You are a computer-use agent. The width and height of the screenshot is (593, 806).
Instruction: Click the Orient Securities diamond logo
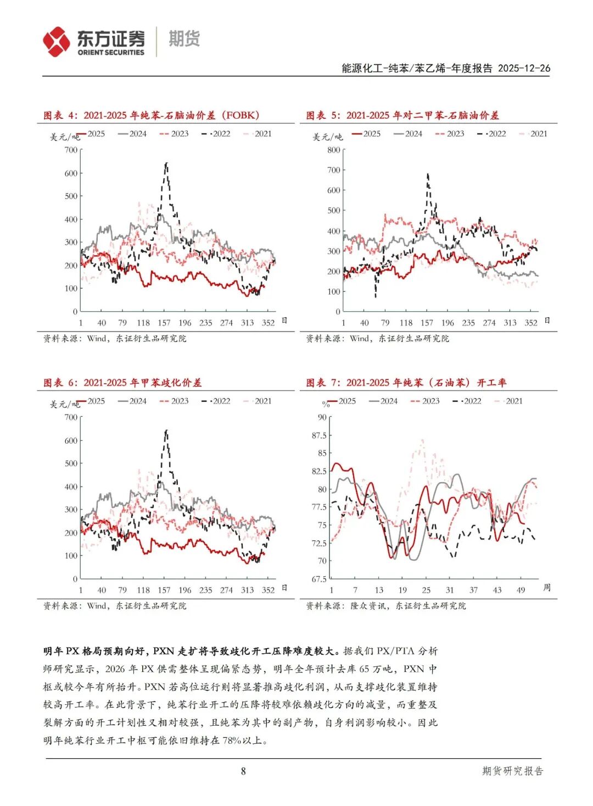[x=57, y=42]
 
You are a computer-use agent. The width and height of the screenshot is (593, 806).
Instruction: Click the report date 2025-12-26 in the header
[x=524, y=68]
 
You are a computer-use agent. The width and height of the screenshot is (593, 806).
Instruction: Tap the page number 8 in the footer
[x=243, y=771]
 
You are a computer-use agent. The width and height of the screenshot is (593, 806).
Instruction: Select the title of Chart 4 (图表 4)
[x=151, y=115]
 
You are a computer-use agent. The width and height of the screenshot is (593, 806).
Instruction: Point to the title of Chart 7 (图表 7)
[x=406, y=383]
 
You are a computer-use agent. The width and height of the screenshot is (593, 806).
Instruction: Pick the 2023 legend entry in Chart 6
[x=174, y=401]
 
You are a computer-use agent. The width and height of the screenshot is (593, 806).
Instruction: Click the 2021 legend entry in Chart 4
[x=258, y=134]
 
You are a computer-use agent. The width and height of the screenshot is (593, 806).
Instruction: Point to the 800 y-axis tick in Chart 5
[x=333, y=150]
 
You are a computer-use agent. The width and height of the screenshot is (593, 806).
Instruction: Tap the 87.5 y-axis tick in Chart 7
[x=319, y=435]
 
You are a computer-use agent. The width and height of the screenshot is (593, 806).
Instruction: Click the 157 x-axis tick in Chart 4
[x=164, y=323]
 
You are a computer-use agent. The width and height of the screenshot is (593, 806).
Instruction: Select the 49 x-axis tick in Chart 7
[x=521, y=590]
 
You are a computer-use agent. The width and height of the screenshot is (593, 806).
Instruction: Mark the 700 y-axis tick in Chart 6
[x=71, y=417]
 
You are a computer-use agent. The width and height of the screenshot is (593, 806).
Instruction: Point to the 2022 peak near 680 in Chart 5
[x=428, y=175]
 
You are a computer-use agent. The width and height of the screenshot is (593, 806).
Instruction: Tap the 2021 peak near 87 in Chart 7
[x=422, y=440]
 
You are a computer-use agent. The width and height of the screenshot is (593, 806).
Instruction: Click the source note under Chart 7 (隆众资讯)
[x=385, y=606]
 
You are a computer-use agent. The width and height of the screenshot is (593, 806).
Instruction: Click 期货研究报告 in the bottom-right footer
[x=512, y=771]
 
